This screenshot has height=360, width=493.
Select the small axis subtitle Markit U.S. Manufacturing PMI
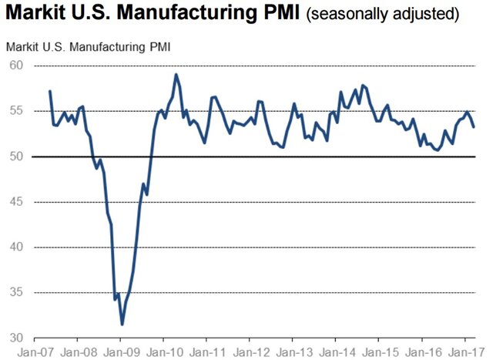(88, 47)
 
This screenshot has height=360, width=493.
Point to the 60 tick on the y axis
(16, 66)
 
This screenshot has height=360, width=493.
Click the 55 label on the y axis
(16, 111)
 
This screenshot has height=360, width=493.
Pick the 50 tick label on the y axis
(16, 156)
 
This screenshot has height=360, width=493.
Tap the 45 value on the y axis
(16, 202)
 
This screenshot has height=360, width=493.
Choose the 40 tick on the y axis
(16, 247)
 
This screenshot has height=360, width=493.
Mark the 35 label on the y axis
(16, 293)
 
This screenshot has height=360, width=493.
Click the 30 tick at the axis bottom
(16, 338)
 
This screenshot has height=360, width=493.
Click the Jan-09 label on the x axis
(120, 351)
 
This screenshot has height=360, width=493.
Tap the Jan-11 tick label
(206, 351)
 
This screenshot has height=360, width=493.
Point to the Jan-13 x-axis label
(292, 351)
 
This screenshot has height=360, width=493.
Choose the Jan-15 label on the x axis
(377, 351)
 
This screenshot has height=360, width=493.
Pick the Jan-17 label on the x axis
(463, 351)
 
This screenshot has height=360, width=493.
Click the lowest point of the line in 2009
(122, 325)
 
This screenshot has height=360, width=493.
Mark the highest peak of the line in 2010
(176, 74)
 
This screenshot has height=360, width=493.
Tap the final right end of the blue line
(474, 126)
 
